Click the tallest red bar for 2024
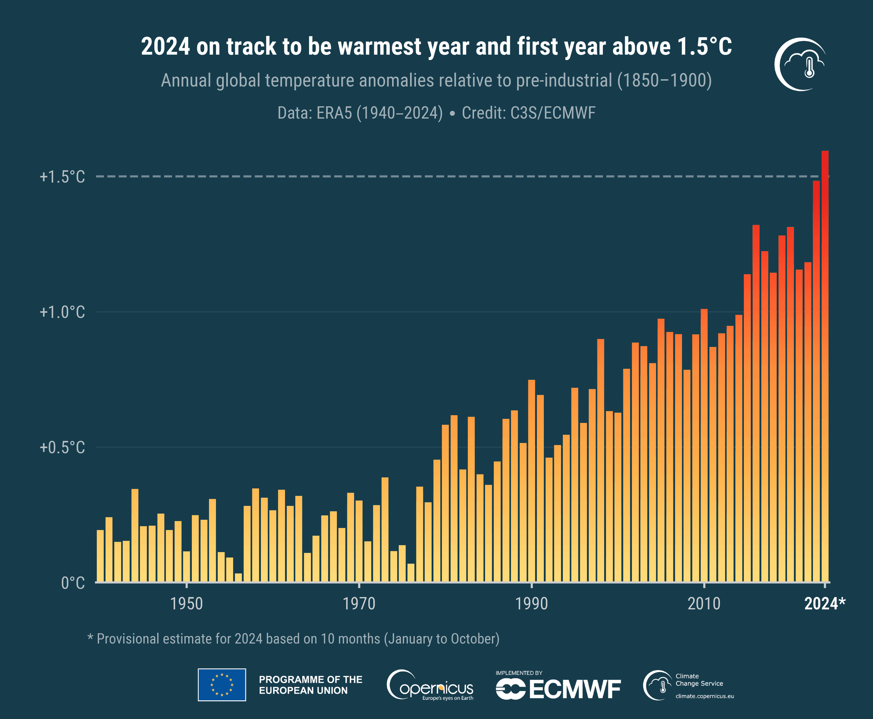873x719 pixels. point(825,364)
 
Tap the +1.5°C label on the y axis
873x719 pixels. point(62,177)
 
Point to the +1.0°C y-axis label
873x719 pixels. point(62,312)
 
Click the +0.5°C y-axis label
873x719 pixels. point(62,447)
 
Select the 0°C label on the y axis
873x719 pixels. point(73,583)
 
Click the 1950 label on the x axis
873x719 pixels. point(186,603)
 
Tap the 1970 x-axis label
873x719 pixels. point(359,603)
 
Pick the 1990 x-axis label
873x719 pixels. point(532,603)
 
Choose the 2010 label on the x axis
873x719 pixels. point(704,603)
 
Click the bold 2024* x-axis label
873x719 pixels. point(824,603)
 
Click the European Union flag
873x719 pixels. point(222,684)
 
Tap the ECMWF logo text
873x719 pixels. point(575,689)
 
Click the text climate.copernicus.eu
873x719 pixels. point(704,696)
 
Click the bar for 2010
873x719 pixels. point(704,446)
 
